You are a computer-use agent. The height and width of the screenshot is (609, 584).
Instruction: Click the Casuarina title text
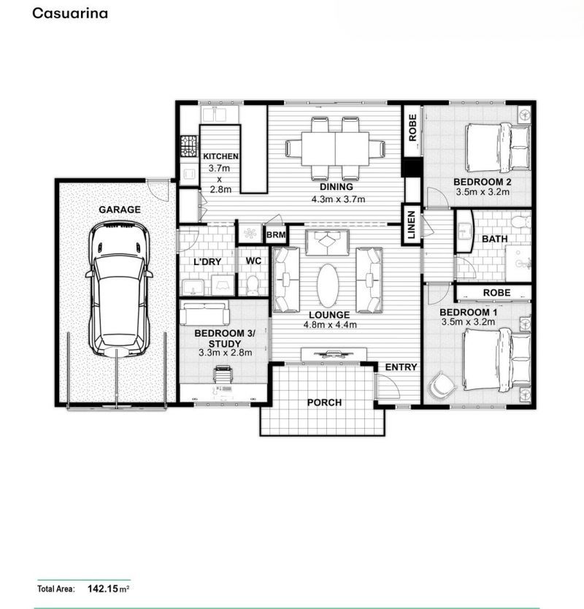[69, 13]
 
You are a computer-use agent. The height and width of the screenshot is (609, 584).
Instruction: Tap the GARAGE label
[120, 210]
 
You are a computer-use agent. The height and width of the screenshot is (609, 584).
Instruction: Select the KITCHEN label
[220, 156]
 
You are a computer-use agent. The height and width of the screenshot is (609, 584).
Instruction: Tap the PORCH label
[324, 402]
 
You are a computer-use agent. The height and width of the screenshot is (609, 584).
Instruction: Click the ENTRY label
[401, 367]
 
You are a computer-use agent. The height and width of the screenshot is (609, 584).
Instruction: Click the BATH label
[494, 238]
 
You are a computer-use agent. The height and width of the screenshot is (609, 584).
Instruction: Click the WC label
[253, 261]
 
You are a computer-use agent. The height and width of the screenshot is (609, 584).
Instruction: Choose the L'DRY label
[207, 261]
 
